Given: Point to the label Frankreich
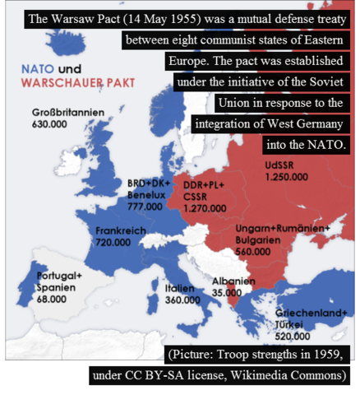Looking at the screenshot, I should point(121,231).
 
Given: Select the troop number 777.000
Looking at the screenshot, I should point(145,207).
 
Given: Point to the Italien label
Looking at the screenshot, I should point(179,289).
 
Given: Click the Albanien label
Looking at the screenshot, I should point(233,281).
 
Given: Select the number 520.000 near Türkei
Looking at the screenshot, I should point(292,337).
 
